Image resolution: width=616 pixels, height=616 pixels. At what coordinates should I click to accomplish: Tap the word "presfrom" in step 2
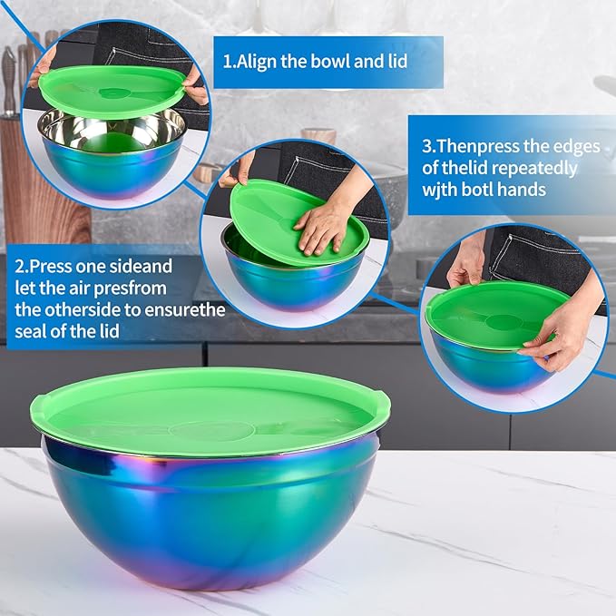click(x=123, y=288)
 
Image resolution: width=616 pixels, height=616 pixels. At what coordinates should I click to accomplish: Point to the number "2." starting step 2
click(x=23, y=268)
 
